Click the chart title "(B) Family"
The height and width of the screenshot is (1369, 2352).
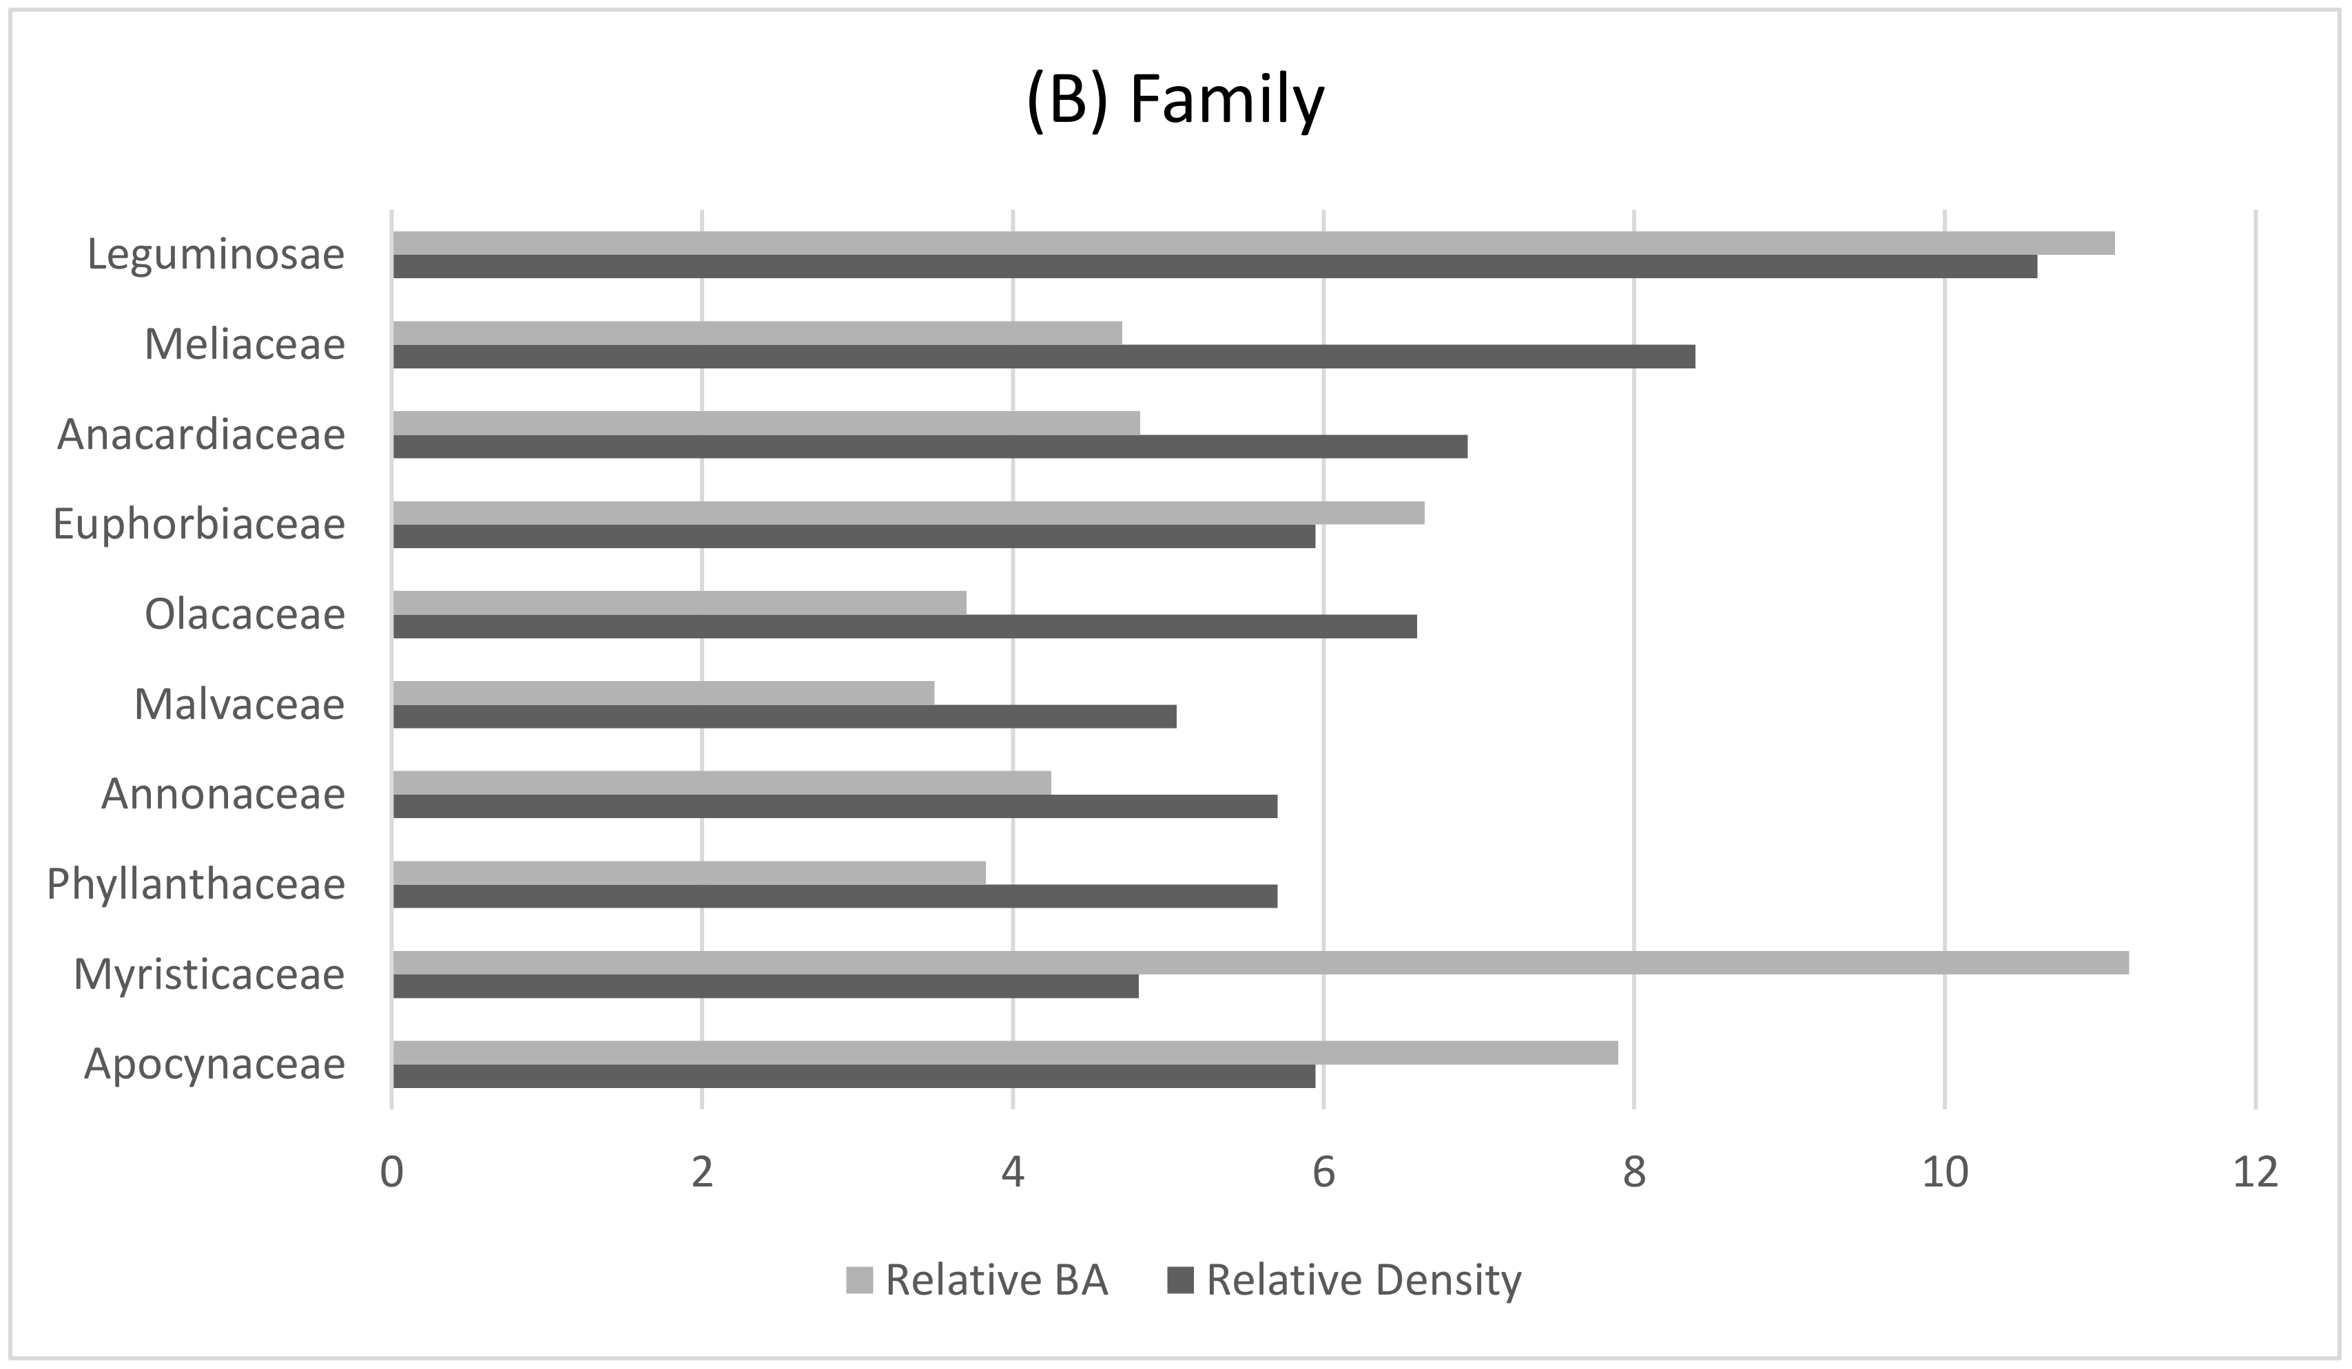tap(1175, 101)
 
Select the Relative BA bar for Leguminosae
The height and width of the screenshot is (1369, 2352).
tap(1252, 242)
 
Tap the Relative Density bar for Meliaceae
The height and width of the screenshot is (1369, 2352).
tap(1044, 357)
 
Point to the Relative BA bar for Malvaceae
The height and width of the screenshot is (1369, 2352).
tap(663, 693)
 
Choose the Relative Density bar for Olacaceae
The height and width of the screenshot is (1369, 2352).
tap(905, 626)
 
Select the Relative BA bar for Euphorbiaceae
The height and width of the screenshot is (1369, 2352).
tap(908, 513)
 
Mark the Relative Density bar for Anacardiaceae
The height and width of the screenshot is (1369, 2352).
tap(929, 446)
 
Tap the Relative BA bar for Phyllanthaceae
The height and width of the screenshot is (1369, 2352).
tap(689, 872)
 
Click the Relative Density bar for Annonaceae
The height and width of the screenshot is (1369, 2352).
tap(834, 806)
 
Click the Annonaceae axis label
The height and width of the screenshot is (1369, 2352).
tap(223, 794)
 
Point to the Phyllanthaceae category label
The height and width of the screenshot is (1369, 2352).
tap(196, 884)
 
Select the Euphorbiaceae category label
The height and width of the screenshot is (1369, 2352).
tap(199, 525)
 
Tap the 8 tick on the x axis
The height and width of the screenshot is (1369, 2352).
tap(1633, 1173)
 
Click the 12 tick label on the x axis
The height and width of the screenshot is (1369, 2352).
tap(2255, 1173)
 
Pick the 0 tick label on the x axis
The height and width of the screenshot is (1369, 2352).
tap(392, 1173)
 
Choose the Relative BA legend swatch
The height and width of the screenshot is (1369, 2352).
tap(858, 1280)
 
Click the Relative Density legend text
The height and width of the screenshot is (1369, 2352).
tap(1363, 1280)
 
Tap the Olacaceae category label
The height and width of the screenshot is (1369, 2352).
tap(245, 614)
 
